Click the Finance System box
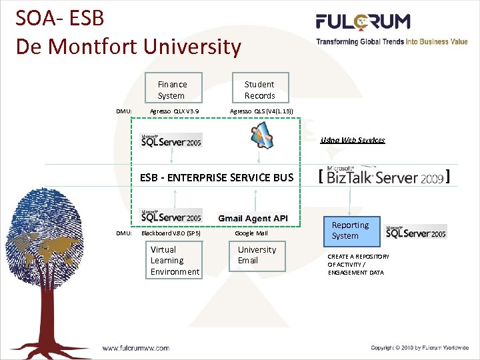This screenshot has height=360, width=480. pyautogui.click(x=172, y=89)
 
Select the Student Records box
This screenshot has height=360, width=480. pyautogui.click(x=259, y=89)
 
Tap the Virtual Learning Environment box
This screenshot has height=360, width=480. pyautogui.click(x=174, y=261)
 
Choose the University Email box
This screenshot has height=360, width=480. pyautogui.click(x=257, y=255)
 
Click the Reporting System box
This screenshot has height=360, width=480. pyautogui.click(x=350, y=231)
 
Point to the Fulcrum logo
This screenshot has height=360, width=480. pyautogui.click(x=363, y=22)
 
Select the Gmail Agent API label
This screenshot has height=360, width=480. pyautogui.click(x=253, y=219)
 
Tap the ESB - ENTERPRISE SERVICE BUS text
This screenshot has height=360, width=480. pyautogui.click(x=217, y=177)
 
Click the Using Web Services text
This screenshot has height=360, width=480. pyautogui.click(x=353, y=140)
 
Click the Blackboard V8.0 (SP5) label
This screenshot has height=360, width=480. pyautogui.click(x=171, y=233)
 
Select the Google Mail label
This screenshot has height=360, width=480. pyautogui.click(x=251, y=233)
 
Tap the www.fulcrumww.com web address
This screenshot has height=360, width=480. pyautogui.click(x=135, y=347)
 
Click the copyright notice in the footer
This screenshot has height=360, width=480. pyautogui.click(x=419, y=347)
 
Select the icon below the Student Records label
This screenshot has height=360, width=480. pyautogui.click(x=261, y=135)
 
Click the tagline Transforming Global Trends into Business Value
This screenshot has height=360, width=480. pyautogui.click(x=392, y=41)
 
